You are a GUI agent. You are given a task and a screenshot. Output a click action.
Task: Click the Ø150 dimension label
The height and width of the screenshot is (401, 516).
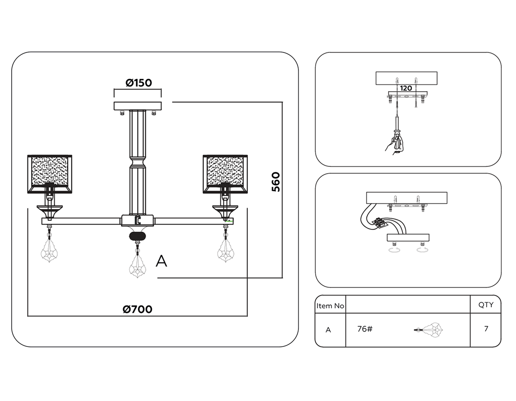click(138, 83)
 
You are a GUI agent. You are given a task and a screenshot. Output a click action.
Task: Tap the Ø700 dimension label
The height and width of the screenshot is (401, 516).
click(137, 309)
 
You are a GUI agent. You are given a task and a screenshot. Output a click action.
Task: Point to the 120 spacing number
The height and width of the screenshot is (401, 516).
click(406, 88)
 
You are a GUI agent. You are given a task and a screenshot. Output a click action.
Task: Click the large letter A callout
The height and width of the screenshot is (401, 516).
click(161, 261)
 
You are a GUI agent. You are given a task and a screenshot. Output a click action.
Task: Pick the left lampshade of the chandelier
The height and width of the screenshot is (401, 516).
click(50, 174)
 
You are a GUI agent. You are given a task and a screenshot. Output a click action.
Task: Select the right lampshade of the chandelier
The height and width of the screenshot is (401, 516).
click(225, 174)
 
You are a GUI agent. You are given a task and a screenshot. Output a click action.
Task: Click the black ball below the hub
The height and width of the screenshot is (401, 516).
click(138, 236)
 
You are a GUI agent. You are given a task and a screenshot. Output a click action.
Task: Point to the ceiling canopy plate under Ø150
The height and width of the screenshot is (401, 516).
click(138, 106)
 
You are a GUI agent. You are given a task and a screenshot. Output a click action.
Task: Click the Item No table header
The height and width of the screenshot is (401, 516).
click(330, 306)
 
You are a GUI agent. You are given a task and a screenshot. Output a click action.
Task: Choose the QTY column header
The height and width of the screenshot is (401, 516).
click(486, 305)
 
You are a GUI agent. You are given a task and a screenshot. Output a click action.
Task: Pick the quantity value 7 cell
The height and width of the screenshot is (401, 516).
click(486, 329)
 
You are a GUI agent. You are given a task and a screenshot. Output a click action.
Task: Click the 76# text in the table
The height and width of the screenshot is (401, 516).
click(365, 329)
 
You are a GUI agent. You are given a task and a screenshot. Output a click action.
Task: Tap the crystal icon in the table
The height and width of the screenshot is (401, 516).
click(429, 330)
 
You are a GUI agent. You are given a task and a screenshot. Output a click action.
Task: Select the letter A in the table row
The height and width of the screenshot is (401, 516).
click(328, 330)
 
